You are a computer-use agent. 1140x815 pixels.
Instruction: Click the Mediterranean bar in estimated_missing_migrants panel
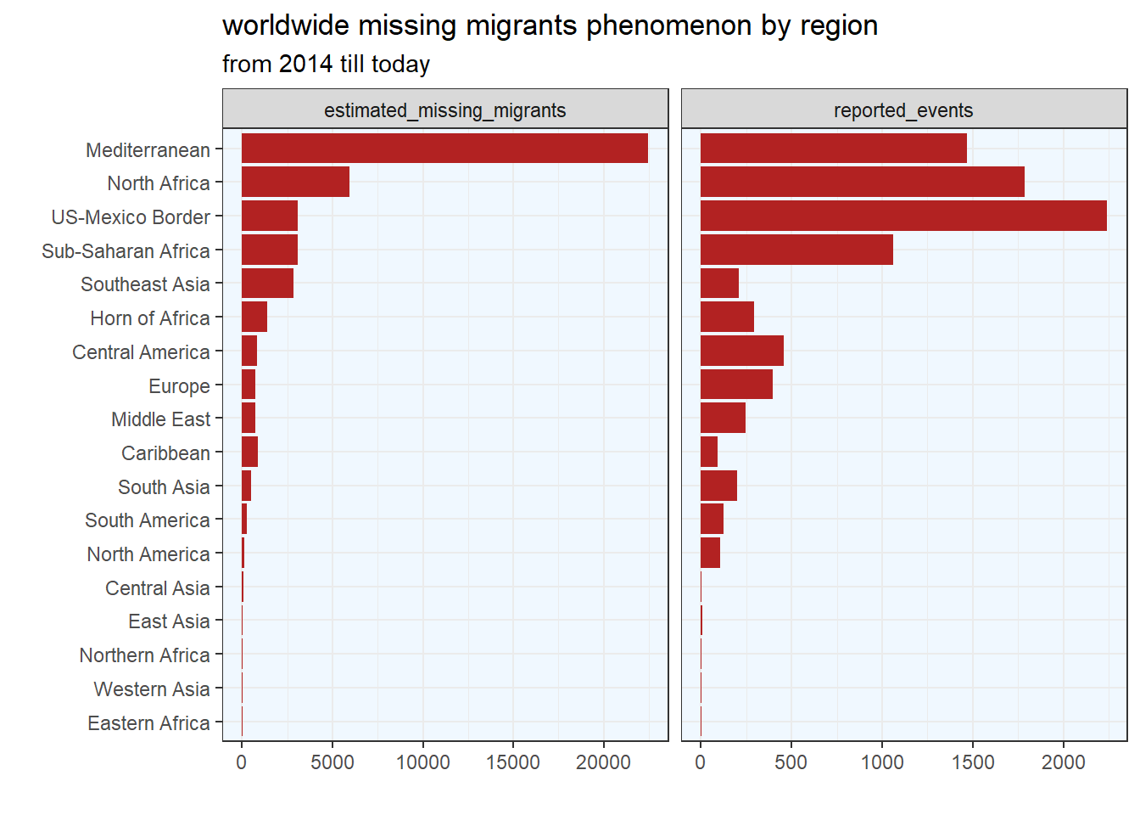point(444,148)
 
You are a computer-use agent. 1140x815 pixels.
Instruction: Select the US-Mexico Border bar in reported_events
point(903,216)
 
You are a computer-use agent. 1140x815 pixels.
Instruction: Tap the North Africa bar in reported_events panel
point(862,182)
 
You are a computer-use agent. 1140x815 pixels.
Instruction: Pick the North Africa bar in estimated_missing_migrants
point(295,182)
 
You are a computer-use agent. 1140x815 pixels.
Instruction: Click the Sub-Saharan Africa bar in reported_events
point(796,250)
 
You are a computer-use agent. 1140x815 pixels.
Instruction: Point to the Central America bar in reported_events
point(741,351)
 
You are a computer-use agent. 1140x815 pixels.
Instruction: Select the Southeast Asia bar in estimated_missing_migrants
point(267,283)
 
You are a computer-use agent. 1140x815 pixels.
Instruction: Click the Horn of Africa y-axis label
point(150,318)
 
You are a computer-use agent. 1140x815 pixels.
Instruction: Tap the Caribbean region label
point(165,453)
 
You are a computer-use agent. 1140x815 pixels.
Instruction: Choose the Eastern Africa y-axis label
point(148,723)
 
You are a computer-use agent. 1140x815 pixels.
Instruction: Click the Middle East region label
point(160,419)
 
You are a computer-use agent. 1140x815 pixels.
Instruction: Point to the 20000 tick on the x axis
point(603,762)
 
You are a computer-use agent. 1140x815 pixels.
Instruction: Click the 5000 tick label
point(332,762)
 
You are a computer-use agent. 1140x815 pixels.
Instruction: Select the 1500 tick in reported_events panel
point(973,762)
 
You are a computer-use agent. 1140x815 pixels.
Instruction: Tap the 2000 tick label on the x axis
point(1064,762)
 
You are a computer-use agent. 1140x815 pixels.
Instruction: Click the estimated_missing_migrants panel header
point(444,110)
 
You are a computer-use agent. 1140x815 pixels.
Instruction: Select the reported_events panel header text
point(903,110)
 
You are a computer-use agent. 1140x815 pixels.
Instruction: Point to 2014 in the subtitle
point(305,65)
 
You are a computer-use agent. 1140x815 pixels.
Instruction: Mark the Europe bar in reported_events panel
point(736,385)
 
